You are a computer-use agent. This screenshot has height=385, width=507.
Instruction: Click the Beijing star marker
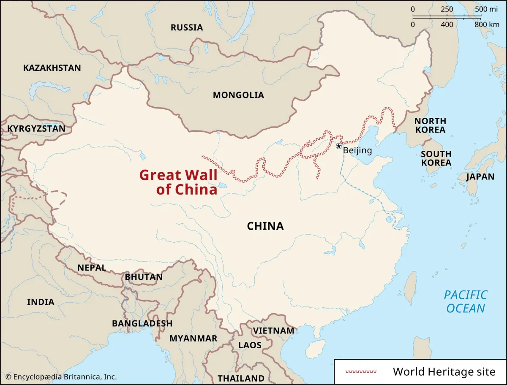(338, 146)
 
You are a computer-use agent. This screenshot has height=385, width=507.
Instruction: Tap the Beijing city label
(357, 150)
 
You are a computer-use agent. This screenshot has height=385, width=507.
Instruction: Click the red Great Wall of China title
(179, 182)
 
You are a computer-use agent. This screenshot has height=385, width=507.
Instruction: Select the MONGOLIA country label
(238, 95)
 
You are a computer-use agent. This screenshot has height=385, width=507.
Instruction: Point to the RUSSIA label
(187, 27)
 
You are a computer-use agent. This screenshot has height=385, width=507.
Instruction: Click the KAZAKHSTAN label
(52, 68)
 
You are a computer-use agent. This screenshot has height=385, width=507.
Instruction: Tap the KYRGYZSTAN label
(36, 128)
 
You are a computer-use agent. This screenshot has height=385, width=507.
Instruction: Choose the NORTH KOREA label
(430, 125)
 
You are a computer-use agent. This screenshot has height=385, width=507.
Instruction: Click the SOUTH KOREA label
(436, 158)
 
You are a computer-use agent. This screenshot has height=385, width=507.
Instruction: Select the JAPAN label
(480, 176)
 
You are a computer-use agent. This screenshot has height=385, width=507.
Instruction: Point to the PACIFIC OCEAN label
(466, 301)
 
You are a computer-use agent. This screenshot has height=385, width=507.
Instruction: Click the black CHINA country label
(265, 226)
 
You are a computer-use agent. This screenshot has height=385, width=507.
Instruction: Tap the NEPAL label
(91, 268)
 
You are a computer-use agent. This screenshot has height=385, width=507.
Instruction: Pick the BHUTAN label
(144, 277)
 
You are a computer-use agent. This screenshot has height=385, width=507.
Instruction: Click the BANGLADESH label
(142, 323)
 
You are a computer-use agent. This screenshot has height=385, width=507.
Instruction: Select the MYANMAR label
(193, 338)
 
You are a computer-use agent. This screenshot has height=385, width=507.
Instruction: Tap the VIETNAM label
(273, 331)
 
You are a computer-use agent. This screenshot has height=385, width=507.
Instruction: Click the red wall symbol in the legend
(361, 372)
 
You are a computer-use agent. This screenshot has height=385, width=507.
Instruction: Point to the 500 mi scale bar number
(486, 10)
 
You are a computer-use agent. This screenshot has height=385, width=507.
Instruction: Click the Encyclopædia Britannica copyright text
(61, 377)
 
